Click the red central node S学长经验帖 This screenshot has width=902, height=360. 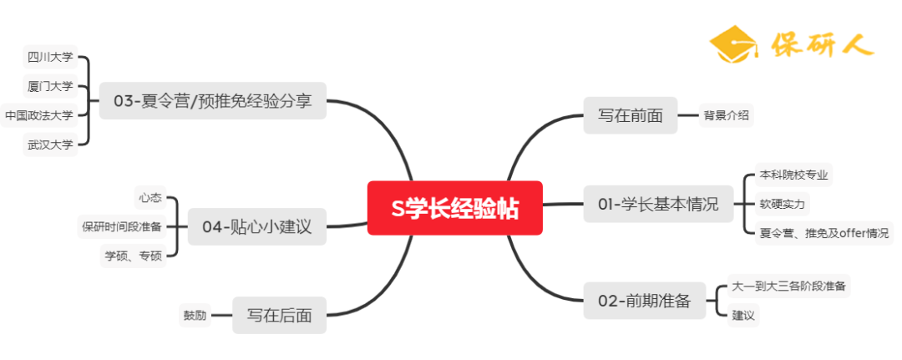pos(455,209)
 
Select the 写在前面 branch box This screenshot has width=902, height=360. pos(630,115)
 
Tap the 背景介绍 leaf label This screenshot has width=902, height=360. pos(726,115)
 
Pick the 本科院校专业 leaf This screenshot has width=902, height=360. pos(795,175)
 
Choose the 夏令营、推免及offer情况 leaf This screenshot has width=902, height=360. pos(823,233)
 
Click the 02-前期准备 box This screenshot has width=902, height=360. pos(644,302)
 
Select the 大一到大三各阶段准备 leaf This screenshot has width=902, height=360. pos(789,286)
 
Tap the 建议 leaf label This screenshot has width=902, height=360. pos(743,315)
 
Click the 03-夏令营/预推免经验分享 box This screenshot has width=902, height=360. pos(212,101)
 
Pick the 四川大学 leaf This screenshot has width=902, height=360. pos(50,57)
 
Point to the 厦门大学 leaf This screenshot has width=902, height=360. pos(50,86)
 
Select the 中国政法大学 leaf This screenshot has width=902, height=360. pos(38,115)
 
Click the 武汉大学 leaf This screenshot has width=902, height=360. pos(50,145)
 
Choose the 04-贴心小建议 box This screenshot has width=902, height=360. pos(256,226)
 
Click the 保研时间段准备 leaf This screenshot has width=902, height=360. pos(122,226)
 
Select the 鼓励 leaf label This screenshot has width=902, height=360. pos(195,316)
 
